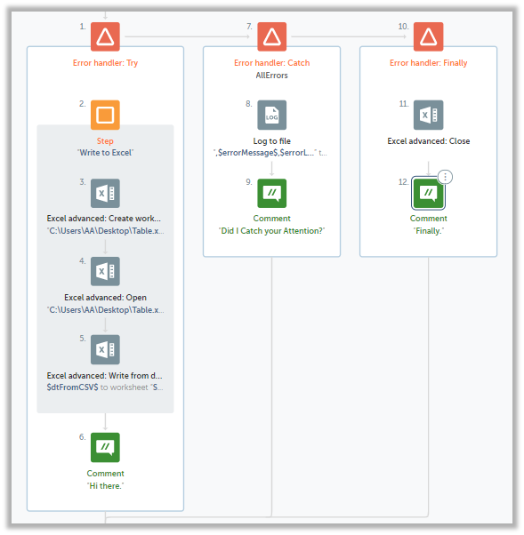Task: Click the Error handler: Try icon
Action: pyautogui.click(x=105, y=36)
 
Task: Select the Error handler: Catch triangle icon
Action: pyautogui.click(x=272, y=36)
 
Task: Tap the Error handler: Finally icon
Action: pyautogui.click(x=428, y=36)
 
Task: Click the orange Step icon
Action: pyautogui.click(x=105, y=115)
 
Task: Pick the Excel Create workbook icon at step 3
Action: pyautogui.click(x=105, y=193)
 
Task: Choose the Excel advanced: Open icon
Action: pyautogui.click(x=105, y=271)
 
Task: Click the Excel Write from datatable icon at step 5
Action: pyautogui.click(x=105, y=349)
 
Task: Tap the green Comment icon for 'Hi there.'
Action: pyautogui.click(x=105, y=447)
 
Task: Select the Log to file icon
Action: pyautogui.click(x=272, y=115)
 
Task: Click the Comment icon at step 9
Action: pyautogui.click(x=272, y=193)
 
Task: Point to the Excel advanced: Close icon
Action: pyautogui.click(x=428, y=115)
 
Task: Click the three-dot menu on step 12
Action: pyautogui.click(x=445, y=177)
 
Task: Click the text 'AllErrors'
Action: pyautogui.click(x=272, y=76)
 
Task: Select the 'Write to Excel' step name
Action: pyautogui.click(x=105, y=153)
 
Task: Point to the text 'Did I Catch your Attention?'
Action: pyautogui.click(x=271, y=231)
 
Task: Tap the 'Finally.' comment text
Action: pyautogui.click(x=428, y=231)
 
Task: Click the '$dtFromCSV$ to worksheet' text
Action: pyautogui.click(x=97, y=387)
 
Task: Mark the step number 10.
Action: pyautogui.click(x=403, y=27)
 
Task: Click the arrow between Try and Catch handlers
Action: pyautogui.click(x=188, y=36)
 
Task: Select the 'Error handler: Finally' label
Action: pyautogui.click(x=428, y=63)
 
